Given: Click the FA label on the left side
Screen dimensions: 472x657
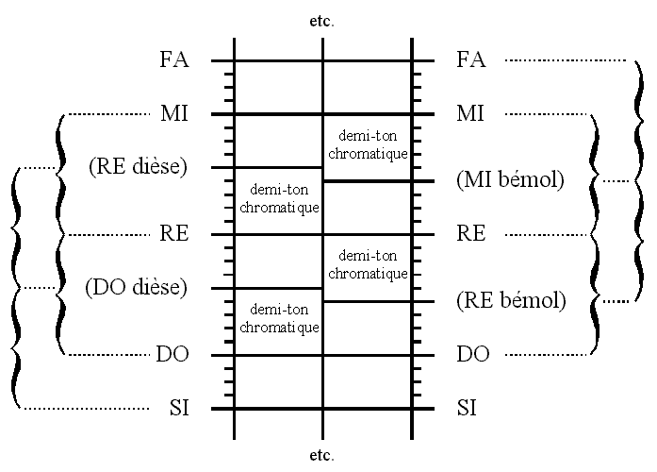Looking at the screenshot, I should pos(174,60).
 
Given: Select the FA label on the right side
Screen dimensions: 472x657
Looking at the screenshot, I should pos(469,60).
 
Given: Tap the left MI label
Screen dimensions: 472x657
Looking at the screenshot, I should pos(174,114).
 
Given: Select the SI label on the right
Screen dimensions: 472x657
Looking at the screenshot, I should pos(466,409).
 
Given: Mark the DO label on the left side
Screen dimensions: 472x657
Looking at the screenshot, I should pos(173,355).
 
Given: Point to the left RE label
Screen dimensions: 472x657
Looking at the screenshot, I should pos(174,234).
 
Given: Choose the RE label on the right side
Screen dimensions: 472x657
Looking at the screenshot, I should pos(470,234).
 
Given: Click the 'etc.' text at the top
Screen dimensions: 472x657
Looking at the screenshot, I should pos(322,18).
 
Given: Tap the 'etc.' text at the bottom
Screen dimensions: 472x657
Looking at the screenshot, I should pos(322,455).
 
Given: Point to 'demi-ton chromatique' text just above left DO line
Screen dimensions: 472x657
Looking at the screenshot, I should pos(278,319).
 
